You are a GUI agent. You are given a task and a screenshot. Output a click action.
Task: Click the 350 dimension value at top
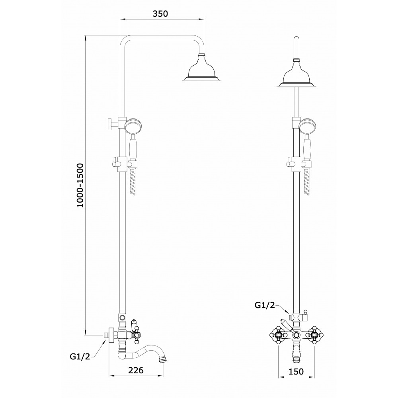tap(160, 14)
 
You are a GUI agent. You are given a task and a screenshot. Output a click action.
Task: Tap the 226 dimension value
tap(136, 370)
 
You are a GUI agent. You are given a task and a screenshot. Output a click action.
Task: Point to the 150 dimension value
tap(296, 371)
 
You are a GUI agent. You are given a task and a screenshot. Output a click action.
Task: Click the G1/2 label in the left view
tap(80, 357)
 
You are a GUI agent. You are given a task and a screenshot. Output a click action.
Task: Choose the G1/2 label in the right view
tap(265, 305)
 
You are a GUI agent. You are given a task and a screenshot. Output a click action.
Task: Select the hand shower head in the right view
tap(307, 126)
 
